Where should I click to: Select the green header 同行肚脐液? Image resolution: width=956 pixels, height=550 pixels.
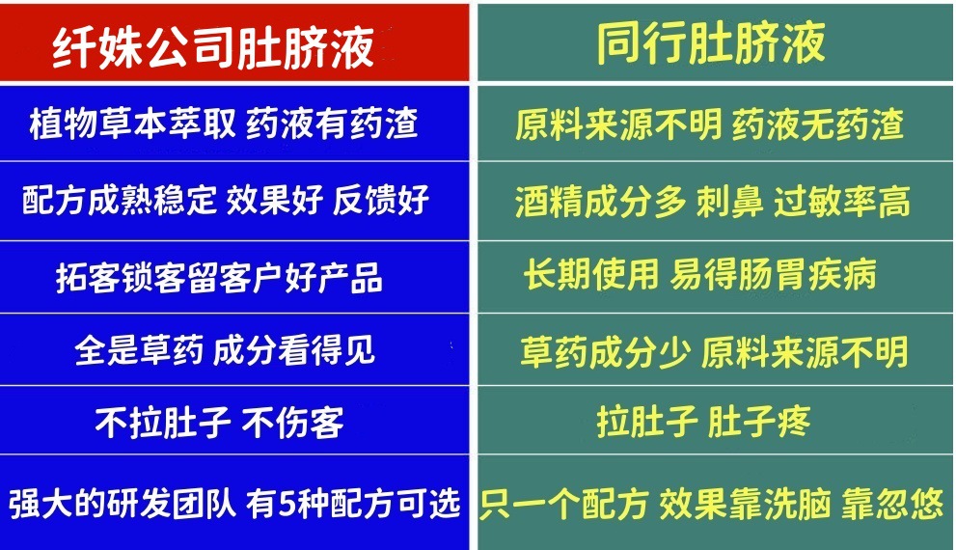[711, 42]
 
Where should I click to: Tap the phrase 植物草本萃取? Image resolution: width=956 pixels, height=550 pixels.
[132, 124]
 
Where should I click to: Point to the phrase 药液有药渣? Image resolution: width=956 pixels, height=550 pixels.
[332, 124]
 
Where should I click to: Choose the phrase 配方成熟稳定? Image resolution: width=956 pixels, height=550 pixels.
[119, 201]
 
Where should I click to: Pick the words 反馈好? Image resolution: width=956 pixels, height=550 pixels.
[380, 201]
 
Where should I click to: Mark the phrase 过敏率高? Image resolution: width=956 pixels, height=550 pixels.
[842, 202]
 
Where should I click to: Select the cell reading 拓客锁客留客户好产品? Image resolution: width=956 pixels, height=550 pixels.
[219, 278]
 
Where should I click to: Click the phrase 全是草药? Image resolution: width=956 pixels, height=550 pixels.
[139, 350]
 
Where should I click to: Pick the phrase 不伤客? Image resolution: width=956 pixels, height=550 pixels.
[291, 423]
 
